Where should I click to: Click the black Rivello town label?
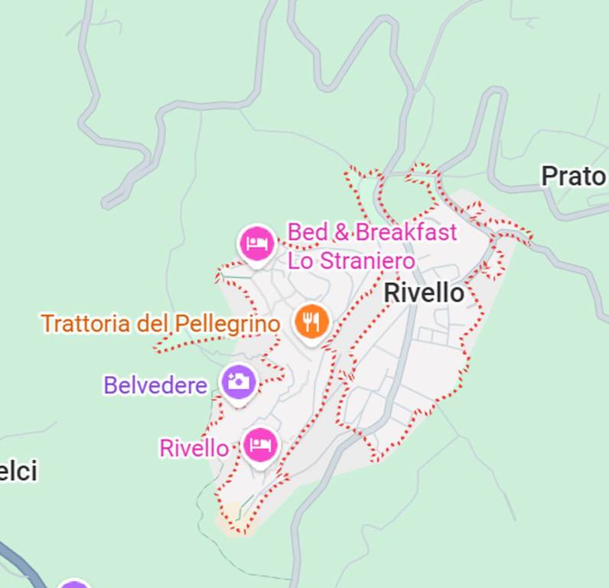pyautogui.click(x=423, y=292)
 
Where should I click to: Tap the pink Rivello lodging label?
pyautogui.click(x=194, y=448)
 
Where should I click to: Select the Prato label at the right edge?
pyautogui.click(x=573, y=176)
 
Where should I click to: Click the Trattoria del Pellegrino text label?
pyautogui.click(x=160, y=323)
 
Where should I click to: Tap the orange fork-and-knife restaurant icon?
pyautogui.click(x=311, y=322)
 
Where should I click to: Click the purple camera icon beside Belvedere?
pyautogui.click(x=239, y=381)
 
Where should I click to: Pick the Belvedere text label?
pyautogui.click(x=155, y=384)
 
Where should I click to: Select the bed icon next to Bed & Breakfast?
pyautogui.click(x=256, y=243)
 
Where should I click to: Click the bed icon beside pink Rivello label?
pyautogui.click(x=260, y=445)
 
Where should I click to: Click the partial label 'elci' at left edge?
pyautogui.click(x=18, y=472)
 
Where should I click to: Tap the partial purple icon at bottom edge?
pyautogui.click(x=73, y=585)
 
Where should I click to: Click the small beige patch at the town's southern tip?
pyautogui.click(x=232, y=518)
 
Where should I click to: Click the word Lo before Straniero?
pyautogui.click(x=299, y=260)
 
